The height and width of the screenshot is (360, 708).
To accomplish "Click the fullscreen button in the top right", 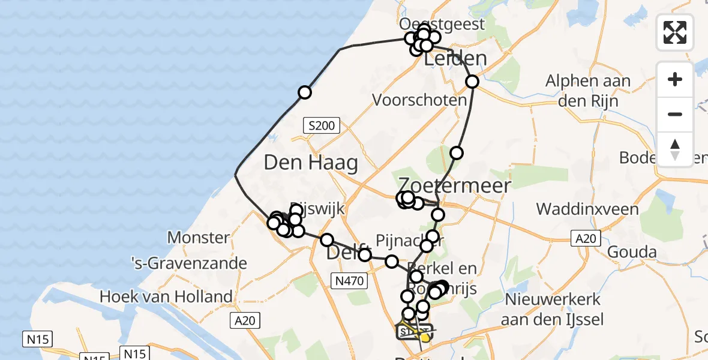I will pos(675,32).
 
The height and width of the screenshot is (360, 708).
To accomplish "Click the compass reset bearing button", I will pos(675,149).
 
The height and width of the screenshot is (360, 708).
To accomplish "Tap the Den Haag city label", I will pos(311,163).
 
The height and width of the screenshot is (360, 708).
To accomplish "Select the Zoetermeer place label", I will pos(455,185).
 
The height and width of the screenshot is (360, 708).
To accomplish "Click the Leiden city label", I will pos(455,59).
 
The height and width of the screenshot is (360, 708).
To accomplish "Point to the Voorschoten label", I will pos(419,100).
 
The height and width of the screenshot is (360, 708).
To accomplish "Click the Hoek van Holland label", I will pos(166,296).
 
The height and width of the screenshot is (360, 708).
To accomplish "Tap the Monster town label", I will pos(198,238).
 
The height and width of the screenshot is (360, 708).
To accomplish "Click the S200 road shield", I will pos(321,126).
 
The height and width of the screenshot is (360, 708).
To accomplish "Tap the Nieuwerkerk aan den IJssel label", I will pos(554,309).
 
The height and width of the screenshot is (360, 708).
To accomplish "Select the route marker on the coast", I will pos(305,92).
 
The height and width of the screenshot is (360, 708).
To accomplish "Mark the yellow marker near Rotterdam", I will pos(425,338).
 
